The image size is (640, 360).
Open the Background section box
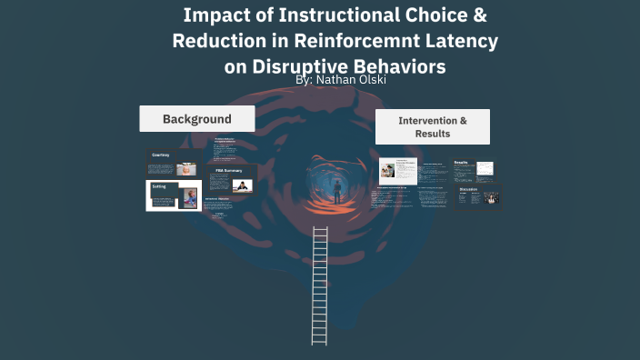point(196,119)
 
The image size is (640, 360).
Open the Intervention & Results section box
point(433,127)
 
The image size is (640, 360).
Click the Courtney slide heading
point(161,155)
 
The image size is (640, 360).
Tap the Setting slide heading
point(159,186)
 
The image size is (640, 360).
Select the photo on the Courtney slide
point(185,168)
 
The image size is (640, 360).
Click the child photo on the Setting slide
point(189,197)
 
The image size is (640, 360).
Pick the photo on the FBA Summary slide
point(241,185)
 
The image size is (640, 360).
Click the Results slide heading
point(461,163)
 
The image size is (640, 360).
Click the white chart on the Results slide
point(485,168)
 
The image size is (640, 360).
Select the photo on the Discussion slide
point(493,198)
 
